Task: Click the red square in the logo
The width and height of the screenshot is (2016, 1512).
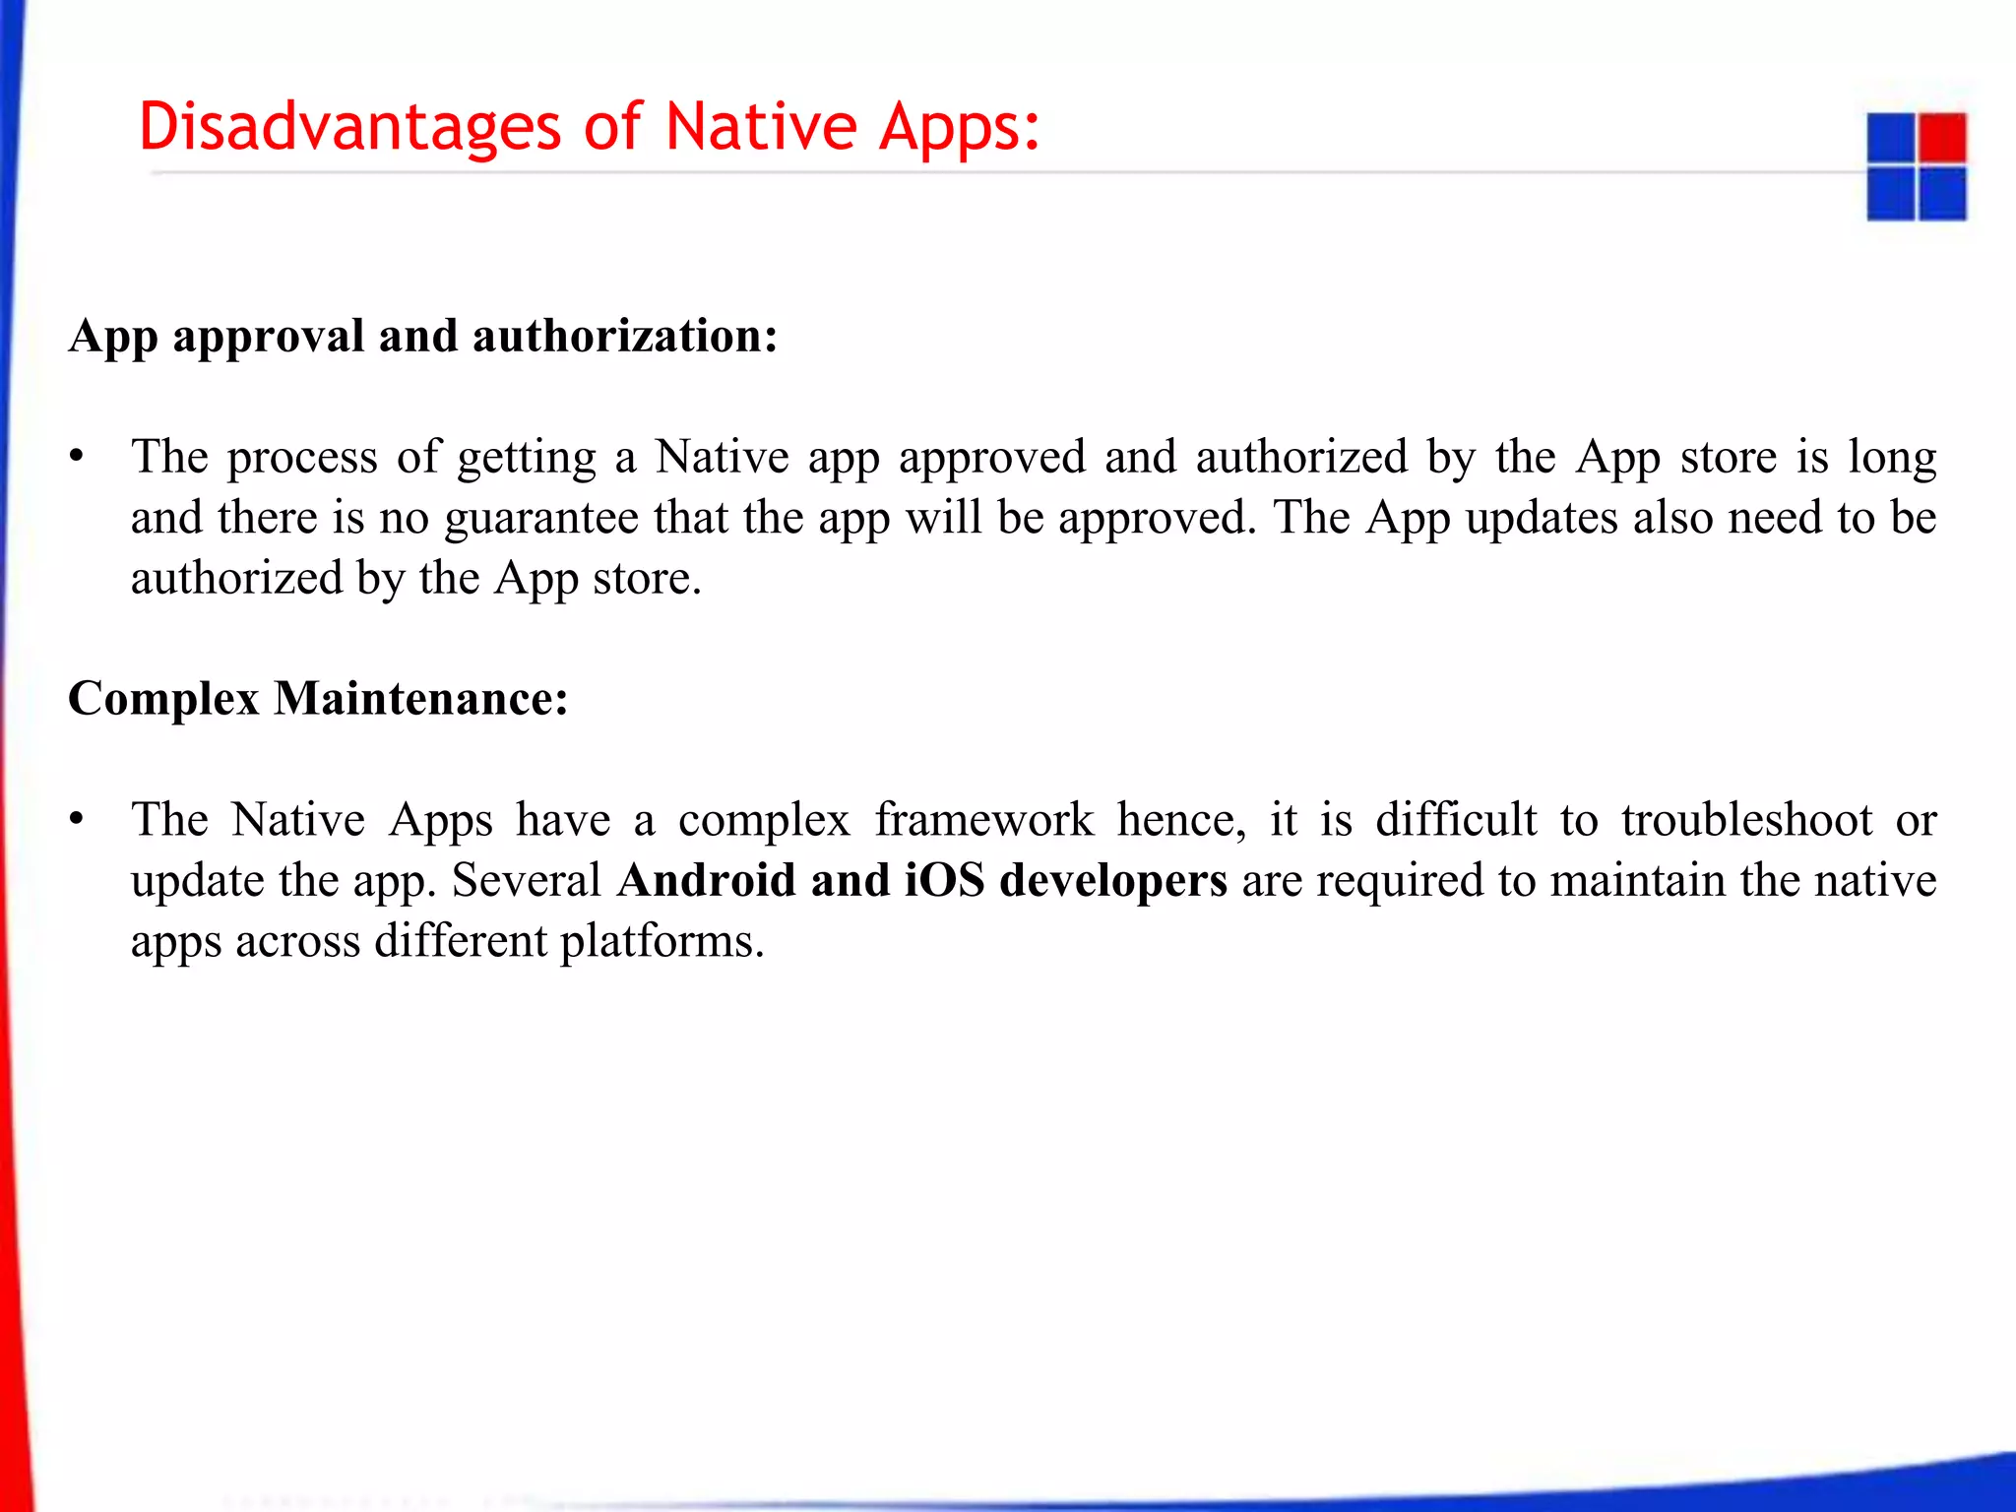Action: point(1942,137)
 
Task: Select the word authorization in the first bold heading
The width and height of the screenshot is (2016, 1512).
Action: point(625,337)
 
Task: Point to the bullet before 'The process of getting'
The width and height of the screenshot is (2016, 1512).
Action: point(77,458)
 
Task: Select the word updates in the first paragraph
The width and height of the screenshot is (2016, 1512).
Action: point(1542,519)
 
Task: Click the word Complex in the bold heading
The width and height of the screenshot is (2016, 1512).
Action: point(163,700)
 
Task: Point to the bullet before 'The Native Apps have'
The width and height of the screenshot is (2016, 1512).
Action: point(77,820)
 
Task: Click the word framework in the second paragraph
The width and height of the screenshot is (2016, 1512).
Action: point(983,820)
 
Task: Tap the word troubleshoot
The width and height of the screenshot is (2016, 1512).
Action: point(1746,820)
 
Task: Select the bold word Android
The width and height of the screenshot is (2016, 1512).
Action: point(706,880)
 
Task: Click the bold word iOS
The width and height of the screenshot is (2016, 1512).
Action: point(944,880)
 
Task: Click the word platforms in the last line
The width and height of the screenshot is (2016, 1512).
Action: point(661,942)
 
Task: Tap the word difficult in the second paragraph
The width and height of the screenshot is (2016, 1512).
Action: point(1456,820)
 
